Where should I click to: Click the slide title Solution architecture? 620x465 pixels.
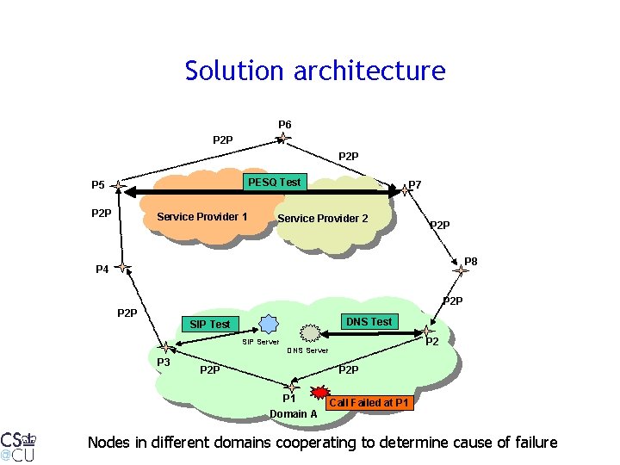tap(315, 71)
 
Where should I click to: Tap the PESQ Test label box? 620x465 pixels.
tap(274, 182)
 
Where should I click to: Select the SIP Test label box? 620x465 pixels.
tap(210, 324)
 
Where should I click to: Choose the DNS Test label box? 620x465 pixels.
tap(369, 321)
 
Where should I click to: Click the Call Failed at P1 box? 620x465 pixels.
tap(369, 403)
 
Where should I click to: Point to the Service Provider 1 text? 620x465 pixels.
tap(202, 216)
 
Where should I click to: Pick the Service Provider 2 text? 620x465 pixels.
tap(322, 218)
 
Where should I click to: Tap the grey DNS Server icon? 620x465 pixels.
tap(308, 332)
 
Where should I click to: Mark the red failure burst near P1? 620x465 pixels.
tap(320, 394)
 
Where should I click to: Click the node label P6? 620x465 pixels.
tap(284, 125)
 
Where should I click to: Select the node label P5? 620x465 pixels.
tap(98, 185)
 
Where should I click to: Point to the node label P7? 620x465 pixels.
tap(415, 184)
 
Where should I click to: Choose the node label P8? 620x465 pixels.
tap(470, 261)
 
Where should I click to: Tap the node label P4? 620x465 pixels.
tap(102, 270)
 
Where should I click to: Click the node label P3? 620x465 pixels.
tap(163, 363)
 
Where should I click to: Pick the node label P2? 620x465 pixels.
tap(433, 342)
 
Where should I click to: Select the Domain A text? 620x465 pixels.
tap(294, 414)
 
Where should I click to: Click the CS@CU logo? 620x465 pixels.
tap(18, 444)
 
